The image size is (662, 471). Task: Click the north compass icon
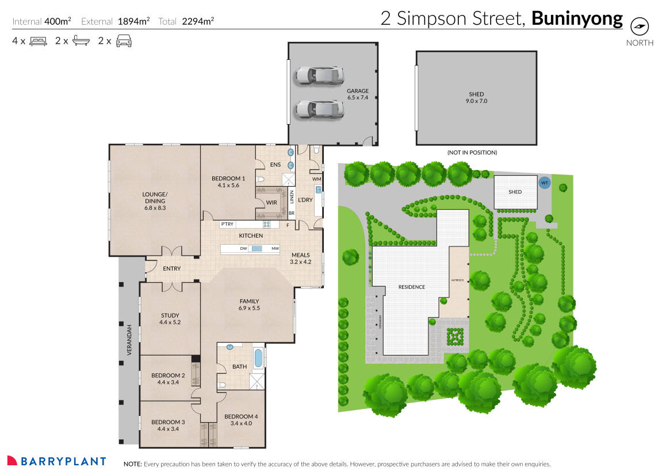(x=639, y=26)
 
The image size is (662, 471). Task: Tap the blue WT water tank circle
(x=544, y=183)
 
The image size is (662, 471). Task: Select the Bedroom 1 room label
(x=228, y=182)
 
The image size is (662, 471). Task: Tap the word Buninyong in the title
(x=577, y=19)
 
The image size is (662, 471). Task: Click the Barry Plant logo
(x=56, y=461)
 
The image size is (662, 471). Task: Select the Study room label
(x=170, y=319)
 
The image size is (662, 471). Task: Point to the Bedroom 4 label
(x=241, y=420)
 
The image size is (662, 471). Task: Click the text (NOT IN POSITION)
(x=472, y=153)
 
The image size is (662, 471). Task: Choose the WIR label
(x=271, y=203)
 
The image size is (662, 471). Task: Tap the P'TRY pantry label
(x=227, y=224)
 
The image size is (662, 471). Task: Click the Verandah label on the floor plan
(x=129, y=340)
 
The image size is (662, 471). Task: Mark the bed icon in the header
(x=37, y=41)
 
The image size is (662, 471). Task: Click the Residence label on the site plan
(x=411, y=287)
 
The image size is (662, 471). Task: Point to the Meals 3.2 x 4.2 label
(x=300, y=258)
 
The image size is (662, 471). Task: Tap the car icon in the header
(x=123, y=41)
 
